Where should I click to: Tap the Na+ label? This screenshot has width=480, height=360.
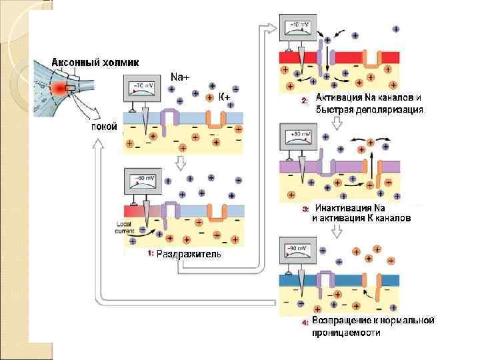(x=180, y=77)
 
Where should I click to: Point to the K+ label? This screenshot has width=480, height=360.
(x=225, y=97)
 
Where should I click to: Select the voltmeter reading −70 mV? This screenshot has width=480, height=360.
(x=143, y=86)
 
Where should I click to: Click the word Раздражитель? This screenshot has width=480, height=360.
(x=189, y=254)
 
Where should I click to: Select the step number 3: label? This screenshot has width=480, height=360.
(x=305, y=209)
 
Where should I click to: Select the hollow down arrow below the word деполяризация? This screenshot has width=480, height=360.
(x=337, y=122)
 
